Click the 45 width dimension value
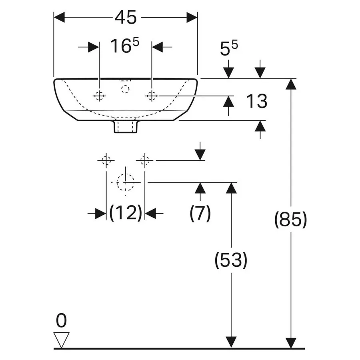tap(126, 18)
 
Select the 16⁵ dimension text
tap(125, 46)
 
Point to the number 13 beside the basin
tap(257, 101)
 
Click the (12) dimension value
tap(126, 213)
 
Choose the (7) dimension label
tap(200, 213)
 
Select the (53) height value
tap(231, 260)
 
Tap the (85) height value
tap(291, 220)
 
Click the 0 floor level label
tap(61, 320)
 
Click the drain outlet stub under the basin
tap(126, 126)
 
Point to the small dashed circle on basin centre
tap(125, 89)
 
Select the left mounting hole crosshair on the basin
tap(99, 96)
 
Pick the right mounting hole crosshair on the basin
tap(152, 96)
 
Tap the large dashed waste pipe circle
tap(125, 182)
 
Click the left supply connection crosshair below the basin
tap(106, 160)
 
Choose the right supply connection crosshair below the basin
tap(145, 160)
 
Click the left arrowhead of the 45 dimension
tap(59, 18)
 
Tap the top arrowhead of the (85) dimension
tap(291, 84)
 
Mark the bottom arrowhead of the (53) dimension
tap(231, 342)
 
